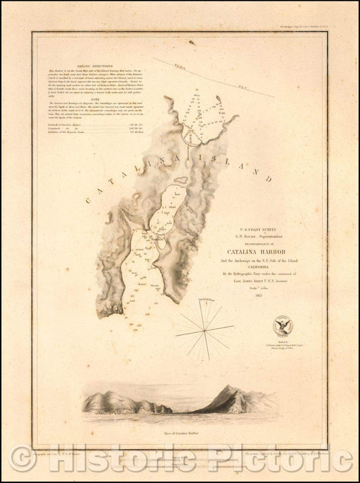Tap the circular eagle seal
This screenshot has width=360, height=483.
click(x=282, y=326)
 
